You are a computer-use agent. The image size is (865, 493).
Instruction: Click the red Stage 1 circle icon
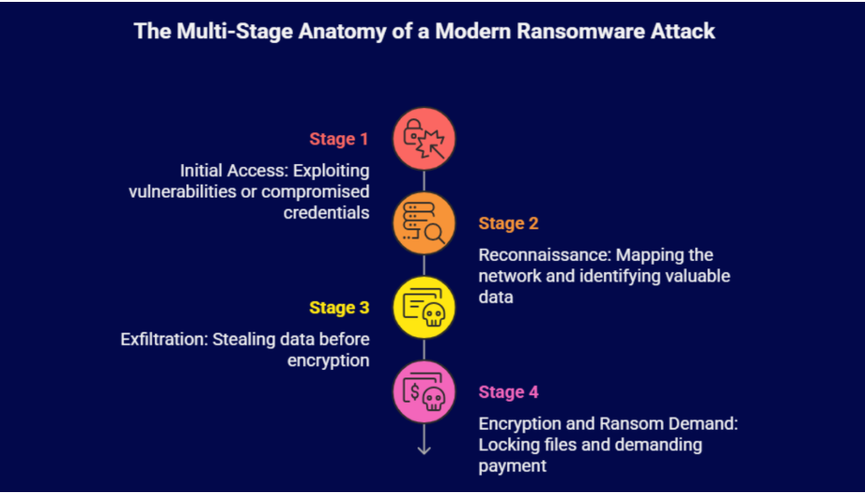point(424,140)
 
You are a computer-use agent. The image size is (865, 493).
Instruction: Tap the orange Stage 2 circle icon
point(424,225)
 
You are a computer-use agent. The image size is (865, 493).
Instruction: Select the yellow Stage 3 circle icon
point(424,308)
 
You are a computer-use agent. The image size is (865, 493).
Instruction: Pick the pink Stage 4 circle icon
point(424,392)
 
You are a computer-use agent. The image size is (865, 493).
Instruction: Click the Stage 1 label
point(338,140)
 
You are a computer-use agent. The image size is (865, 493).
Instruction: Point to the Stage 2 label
point(509,224)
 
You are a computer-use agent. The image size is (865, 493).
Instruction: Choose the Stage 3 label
point(338,308)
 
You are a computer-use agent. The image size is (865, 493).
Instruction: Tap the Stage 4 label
point(509,392)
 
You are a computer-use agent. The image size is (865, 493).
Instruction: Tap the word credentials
point(326,212)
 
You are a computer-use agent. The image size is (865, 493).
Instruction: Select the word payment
point(512,464)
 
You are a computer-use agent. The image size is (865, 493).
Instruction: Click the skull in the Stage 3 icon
point(432,317)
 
